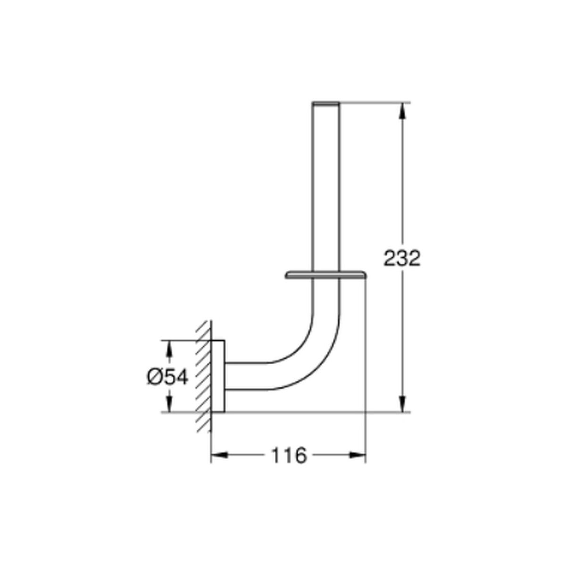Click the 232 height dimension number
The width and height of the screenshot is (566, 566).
coord(402,258)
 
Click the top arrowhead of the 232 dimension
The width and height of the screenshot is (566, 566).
coord(402,111)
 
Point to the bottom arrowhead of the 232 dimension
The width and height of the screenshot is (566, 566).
coord(402,404)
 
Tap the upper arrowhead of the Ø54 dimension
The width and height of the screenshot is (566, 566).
coord(169,349)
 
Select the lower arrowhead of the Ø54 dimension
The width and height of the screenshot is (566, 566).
coord(169,404)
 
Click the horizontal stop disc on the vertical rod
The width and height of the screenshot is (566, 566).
coord(326,275)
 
